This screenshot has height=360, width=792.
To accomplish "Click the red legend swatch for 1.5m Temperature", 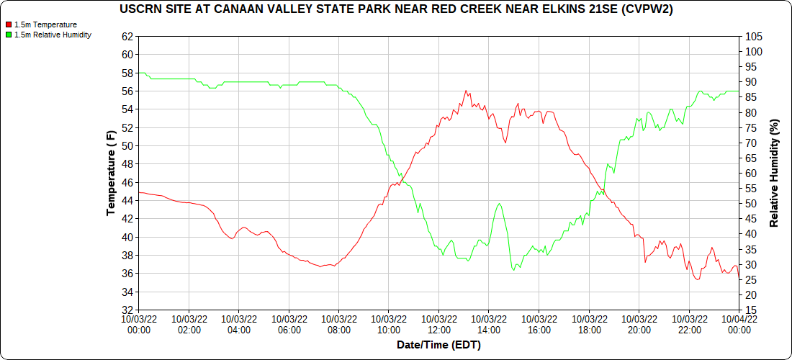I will coord(8,24).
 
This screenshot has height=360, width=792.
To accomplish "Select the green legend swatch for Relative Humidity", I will coord(8,35).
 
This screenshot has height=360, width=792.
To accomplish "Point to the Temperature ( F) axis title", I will coord(111,173).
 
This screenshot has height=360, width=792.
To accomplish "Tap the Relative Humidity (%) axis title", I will coord(774,173).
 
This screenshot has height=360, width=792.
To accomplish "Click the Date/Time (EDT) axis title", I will coord(438,345).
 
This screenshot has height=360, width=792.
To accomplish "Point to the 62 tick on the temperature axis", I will coord(128,36).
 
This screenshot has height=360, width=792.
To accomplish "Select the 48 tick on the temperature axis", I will coord(128,164).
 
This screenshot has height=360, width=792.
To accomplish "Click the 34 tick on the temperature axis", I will coord(128,292).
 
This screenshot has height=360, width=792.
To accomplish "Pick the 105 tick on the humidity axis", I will coord(754,36).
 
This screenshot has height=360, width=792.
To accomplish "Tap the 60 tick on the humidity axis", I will coord(752,173).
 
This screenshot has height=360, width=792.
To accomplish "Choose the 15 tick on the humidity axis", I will coord(752,310).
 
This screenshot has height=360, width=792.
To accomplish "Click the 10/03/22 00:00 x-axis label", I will coord(139,324).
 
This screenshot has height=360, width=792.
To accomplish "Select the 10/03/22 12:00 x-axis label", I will coord(438,324).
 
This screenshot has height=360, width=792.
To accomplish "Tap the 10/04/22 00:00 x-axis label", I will coord(739,324).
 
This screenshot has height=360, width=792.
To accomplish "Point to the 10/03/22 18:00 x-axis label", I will coord(589,324).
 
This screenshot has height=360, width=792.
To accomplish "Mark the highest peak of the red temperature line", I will coord(466,91).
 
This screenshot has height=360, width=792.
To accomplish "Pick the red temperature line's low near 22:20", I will coord(697,279).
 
